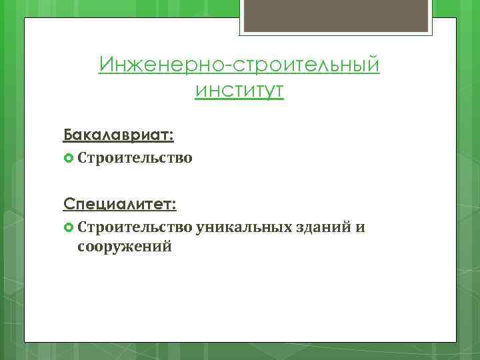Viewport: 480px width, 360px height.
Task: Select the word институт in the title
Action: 240,90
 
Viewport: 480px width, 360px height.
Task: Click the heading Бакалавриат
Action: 119,135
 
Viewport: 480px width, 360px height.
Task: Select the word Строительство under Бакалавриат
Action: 135,158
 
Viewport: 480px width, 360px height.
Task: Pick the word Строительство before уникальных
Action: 135,227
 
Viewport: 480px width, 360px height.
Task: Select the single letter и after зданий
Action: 360,228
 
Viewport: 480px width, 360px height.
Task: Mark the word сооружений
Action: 125,247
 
